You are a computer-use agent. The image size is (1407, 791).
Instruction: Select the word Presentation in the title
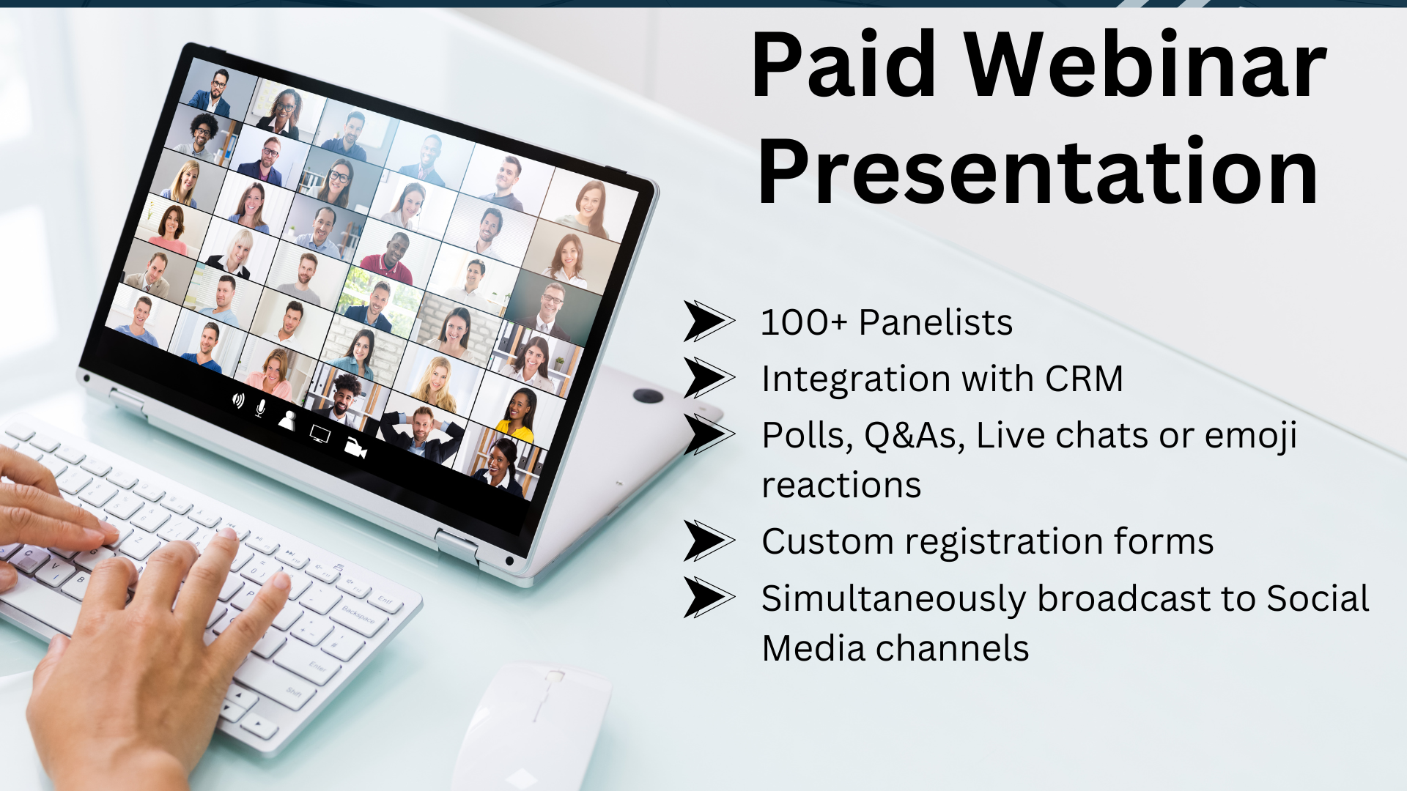[x=1038, y=171]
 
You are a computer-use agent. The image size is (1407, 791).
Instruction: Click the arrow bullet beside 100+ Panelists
[x=709, y=322]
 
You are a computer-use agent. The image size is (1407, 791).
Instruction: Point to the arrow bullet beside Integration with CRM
[x=709, y=378]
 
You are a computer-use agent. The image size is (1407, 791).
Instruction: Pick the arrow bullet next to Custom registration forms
[x=709, y=541]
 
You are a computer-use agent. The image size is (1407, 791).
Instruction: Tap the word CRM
[x=1084, y=379]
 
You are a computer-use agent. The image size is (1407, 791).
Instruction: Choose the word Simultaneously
[x=893, y=600]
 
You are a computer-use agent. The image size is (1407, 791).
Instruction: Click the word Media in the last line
[x=813, y=648]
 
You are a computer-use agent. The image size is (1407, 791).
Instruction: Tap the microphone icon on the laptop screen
[x=260, y=408]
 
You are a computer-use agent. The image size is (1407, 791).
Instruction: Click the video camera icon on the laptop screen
[x=355, y=448]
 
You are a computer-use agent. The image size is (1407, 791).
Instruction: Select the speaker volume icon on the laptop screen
[x=238, y=400]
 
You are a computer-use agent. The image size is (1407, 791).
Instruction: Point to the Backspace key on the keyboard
[x=358, y=614]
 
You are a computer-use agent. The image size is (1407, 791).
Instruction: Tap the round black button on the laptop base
[x=648, y=396]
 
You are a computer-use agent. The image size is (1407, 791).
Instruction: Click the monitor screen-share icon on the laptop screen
[x=320, y=433]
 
